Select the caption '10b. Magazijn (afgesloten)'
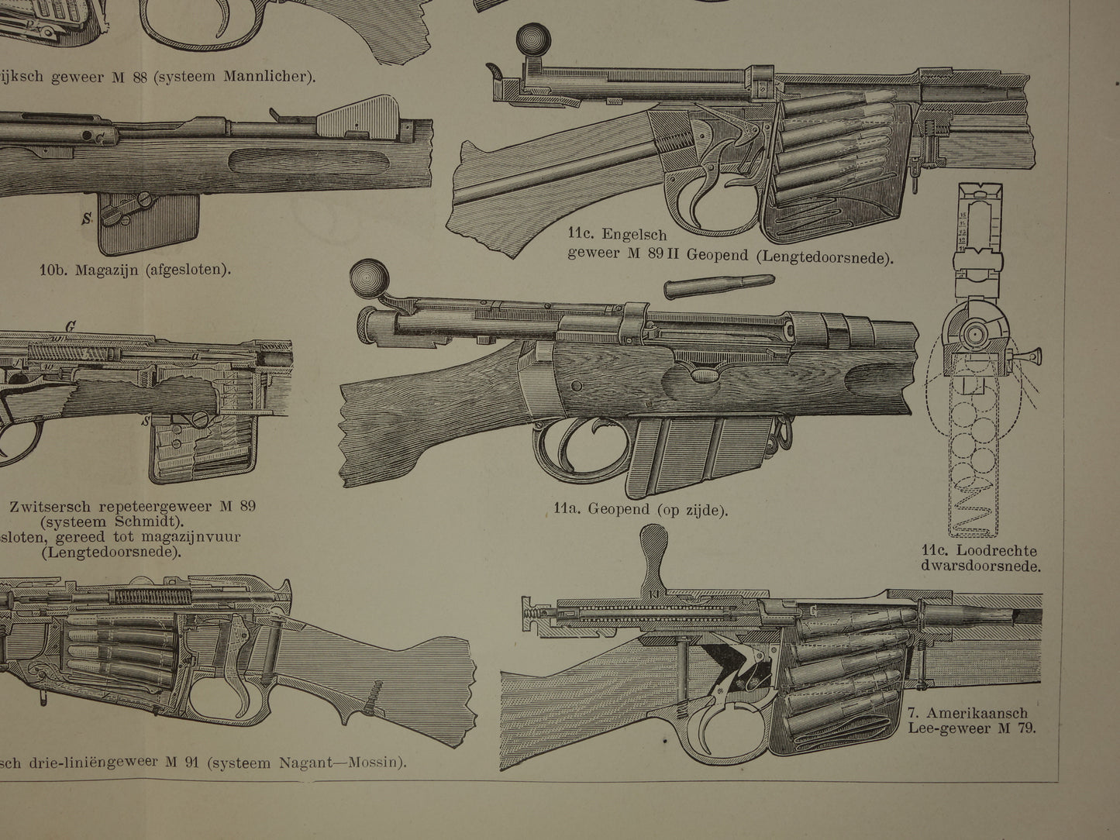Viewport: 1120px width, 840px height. click(x=136, y=270)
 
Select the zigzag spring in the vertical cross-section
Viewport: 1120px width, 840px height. click(x=970, y=511)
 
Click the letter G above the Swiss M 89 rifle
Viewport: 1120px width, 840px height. click(x=71, y=327)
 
